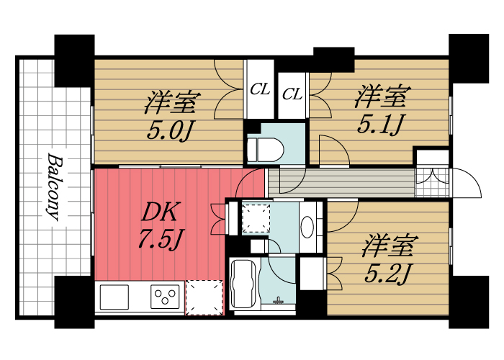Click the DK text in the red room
coord(159,212)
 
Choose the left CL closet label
coord(260,90)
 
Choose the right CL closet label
coord(292,93)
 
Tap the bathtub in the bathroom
coord(243,284)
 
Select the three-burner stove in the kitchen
coord(165,297)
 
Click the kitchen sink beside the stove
coord(114,297)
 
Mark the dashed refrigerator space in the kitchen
coord(204,297)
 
